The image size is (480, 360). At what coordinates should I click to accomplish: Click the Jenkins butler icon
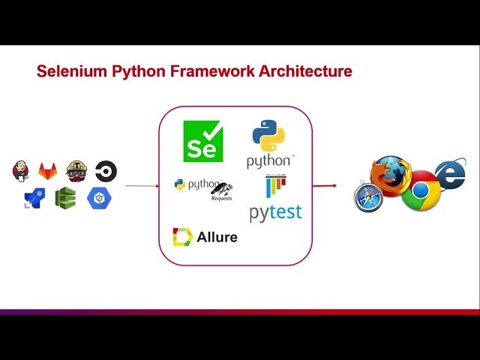coord(22,171)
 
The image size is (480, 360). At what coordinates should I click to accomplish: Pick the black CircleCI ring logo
coord(106,172)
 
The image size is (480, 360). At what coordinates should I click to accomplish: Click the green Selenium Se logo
coord(203,141)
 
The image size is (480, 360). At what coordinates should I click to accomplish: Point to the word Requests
coord(221,199)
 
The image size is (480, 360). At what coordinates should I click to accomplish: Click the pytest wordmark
coord(275,212)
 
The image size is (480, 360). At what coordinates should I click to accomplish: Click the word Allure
coord(217,238)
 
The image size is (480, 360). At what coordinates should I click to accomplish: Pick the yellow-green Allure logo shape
coord(182,237)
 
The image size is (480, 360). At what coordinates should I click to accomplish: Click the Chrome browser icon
coord(420,192)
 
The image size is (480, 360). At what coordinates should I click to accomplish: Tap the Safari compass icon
coord(369,197)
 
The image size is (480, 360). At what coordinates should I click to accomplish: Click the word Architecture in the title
coord(304,72)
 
